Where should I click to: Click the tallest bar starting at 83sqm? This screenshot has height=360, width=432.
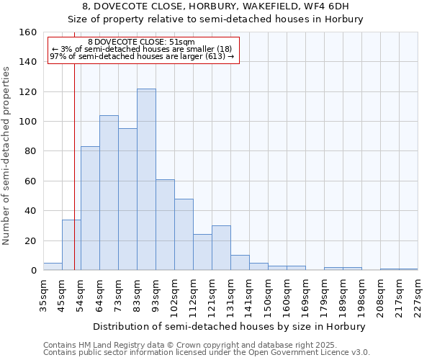click(146, 179)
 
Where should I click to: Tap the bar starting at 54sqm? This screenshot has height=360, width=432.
click(90, 208)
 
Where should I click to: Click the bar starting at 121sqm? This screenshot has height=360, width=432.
click(221, 248)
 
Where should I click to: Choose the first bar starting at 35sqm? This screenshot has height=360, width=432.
click(53, 266)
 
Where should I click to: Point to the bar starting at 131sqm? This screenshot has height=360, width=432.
click(240, 263)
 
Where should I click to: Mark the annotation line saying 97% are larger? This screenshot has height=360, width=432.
click(142, 56)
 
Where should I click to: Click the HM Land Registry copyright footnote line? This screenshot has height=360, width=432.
click(185, 345)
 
